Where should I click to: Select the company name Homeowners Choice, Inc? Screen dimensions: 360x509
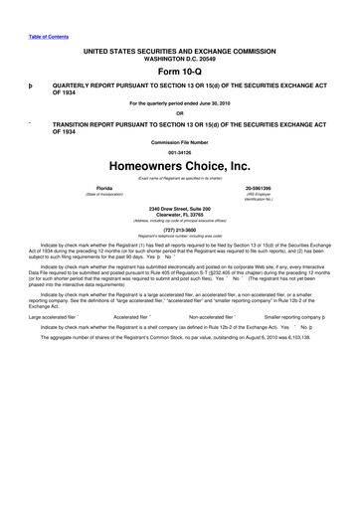[179, 166]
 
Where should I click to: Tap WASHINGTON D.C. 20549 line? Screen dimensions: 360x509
[179, 56]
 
